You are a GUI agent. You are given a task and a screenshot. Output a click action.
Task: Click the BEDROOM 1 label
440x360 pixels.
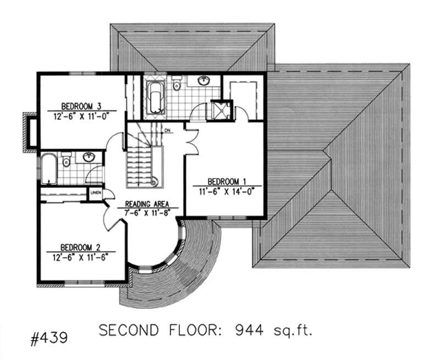click(226, 181)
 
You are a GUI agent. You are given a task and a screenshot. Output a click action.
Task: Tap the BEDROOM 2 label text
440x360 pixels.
click(80, 247)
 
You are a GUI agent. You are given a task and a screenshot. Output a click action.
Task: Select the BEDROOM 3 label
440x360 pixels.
click(80, 107)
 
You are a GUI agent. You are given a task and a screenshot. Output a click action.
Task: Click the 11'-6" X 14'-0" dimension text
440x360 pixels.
click(226, 191)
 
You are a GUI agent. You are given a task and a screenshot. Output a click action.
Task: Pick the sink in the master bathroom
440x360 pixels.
click(204, 81)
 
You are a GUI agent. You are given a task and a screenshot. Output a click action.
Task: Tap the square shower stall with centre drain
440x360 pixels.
click(222, 109)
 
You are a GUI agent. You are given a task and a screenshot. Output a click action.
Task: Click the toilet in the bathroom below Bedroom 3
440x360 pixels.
click(66, 160)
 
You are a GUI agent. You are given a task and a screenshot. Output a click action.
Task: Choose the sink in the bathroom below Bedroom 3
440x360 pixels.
click(88, 157)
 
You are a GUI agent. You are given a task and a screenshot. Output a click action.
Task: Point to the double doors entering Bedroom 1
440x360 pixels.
click(190, 140)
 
